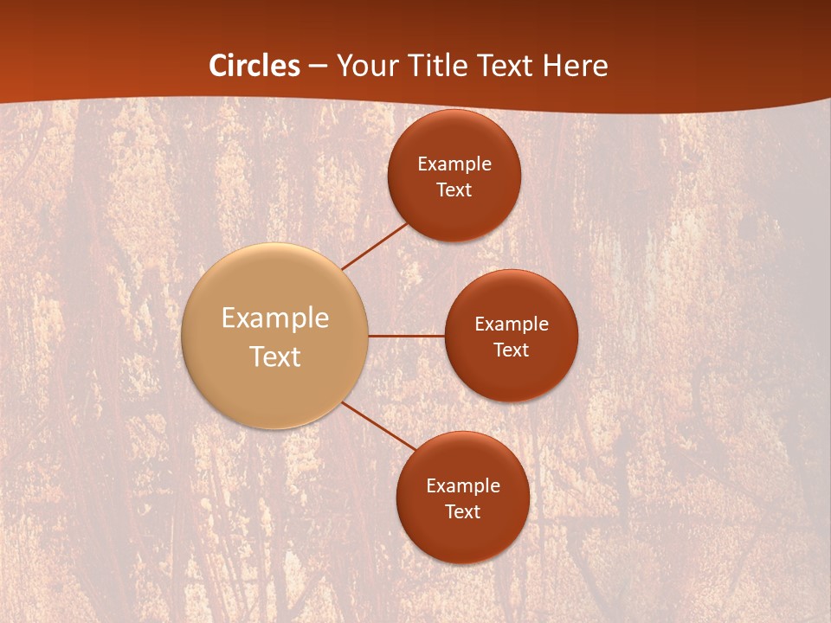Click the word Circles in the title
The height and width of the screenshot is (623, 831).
click(x=254, y=66)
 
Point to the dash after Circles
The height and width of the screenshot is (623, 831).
click(x=318, y=67)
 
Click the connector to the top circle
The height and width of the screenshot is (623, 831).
click(x=375, y=246)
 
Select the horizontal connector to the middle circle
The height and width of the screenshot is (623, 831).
click(x=406, y=335)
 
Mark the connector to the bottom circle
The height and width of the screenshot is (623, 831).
click(x=379, y=426)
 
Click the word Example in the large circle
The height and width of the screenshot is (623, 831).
click(x=275, y=318)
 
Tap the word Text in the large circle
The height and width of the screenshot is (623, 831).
click(x=275, y=356)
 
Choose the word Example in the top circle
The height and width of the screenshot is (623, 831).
click(x=454, y=164)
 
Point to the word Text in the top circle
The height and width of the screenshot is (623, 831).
click(x=454, y=190)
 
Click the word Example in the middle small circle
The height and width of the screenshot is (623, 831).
click(x=512, y=324)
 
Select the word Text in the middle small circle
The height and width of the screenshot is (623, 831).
click(x=512, y=350)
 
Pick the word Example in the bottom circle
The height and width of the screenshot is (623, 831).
click(x=463, y=486)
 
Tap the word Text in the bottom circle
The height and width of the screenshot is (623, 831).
click(x=463, y=512)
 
